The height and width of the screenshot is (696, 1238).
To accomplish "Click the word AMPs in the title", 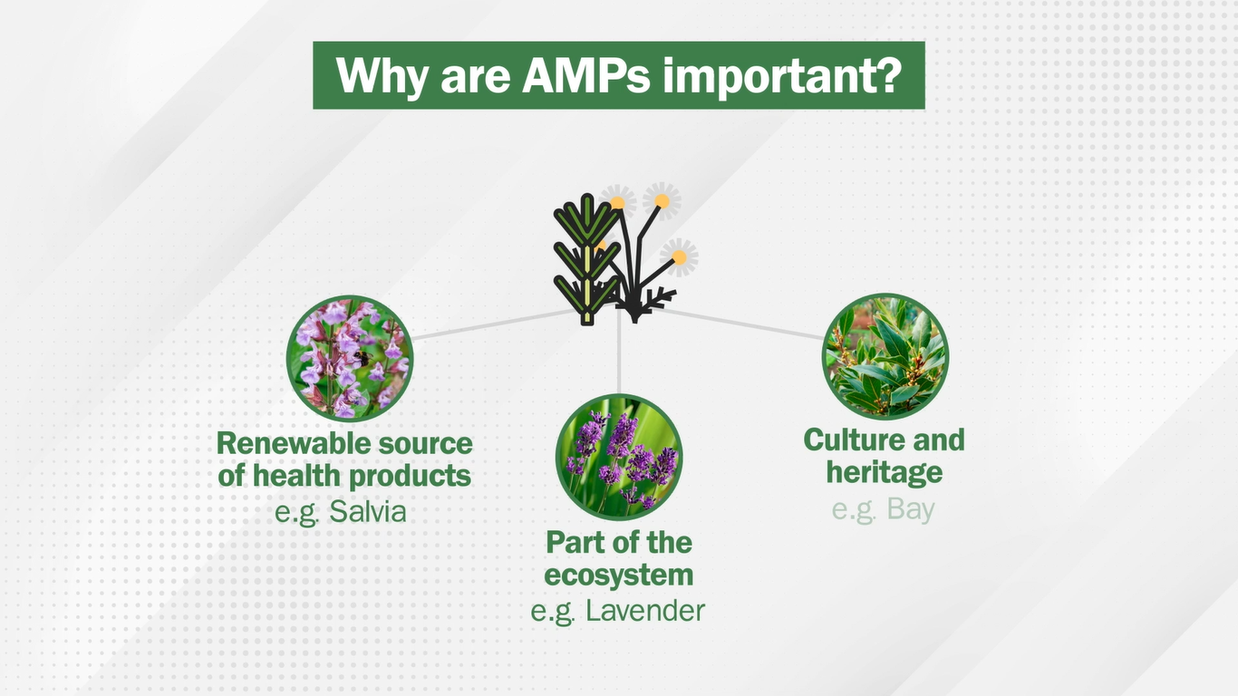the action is tap(585, 75).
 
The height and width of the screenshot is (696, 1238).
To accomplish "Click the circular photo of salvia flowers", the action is tap(350, 359).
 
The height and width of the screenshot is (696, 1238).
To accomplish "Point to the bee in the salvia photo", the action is tap(361, 358).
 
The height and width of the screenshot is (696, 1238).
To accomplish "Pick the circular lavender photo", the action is tap(619, 457).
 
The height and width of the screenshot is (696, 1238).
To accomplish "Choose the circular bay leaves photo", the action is tap(885, 356).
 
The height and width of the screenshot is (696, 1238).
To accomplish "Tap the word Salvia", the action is tap(368, 511).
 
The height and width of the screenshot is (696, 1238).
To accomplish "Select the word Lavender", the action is tap(645, 611).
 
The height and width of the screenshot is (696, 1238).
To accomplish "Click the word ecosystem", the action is tap(618, 575).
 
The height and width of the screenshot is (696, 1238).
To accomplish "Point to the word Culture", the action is tap(850, 440).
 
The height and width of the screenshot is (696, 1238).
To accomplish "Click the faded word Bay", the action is tap(911, 509).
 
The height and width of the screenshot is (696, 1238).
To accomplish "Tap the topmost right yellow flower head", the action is tap(662, 201).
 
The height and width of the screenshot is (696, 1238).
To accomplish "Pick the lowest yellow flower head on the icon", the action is tap(679, 257).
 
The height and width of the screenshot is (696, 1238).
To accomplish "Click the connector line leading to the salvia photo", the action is tap(495, 324).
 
